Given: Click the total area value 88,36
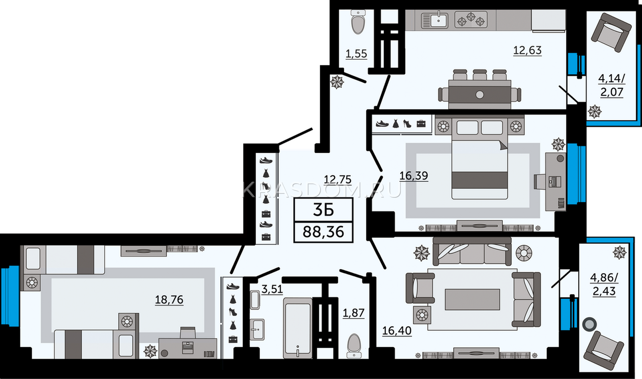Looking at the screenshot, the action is point(323,232).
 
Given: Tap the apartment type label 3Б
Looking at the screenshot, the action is point(323,210).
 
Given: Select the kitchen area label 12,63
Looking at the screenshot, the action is point(527,51).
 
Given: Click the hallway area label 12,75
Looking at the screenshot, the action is point(337,180).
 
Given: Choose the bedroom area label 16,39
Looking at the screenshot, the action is point(414,176).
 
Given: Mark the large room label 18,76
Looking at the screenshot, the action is point(169,300).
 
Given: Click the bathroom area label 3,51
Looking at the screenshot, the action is point(272,289).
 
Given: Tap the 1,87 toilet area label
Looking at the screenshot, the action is point(354,313).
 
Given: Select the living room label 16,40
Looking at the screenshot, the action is point(397,331).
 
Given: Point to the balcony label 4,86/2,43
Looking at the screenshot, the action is point(604,284).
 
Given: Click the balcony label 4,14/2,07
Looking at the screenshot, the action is point(612,85).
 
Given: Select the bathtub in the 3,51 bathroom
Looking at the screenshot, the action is point(297,328).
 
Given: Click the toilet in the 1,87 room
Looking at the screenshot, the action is point(354,346).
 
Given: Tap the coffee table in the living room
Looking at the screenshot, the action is point(472,299).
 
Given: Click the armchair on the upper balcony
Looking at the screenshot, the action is point(611,36).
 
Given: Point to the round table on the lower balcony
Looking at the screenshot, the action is point(589,325).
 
